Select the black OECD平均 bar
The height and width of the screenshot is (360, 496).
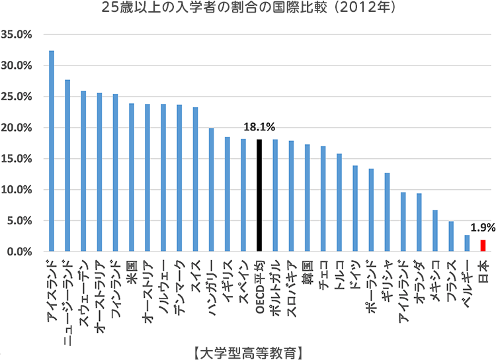(x=259, y=196)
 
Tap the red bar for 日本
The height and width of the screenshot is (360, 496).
(x=483, y=246)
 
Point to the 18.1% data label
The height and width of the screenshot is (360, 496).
(x=261, y=126)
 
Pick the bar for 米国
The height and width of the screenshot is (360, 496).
(x=132, y=178)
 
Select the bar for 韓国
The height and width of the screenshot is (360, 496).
(x=307, y=199)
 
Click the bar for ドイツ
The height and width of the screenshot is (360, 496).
(x=355, y=209)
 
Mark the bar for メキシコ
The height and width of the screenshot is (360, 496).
(x=435, y=231)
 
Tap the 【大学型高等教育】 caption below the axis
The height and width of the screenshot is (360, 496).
(x=248, y=348)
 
